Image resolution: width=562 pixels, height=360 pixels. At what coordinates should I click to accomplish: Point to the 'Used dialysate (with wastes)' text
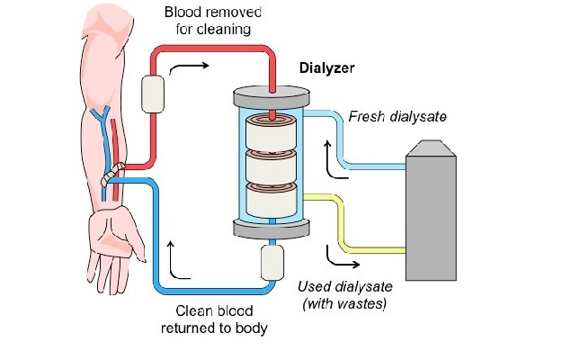[x=345, y=295]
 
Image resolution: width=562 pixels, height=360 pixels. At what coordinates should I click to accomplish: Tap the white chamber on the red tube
[x=154, y=92]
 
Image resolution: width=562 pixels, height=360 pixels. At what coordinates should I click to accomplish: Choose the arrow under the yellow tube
[x=342, y=260]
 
